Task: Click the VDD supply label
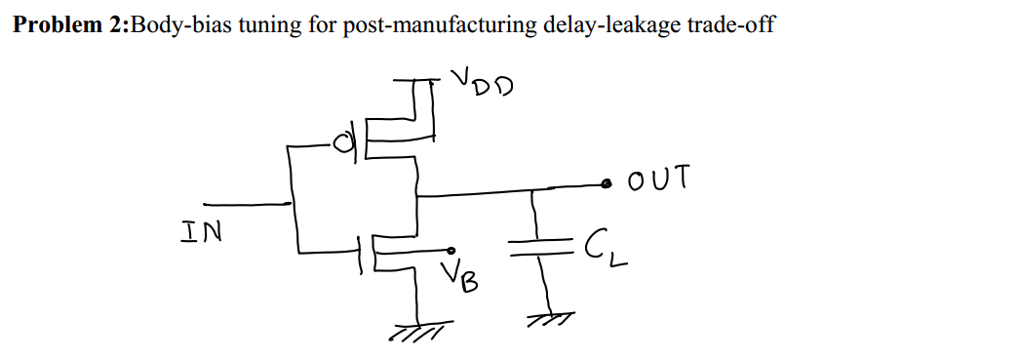point(482,86)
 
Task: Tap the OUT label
point(659,180)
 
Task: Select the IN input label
point(200,232)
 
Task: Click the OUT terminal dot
point(607,182)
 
